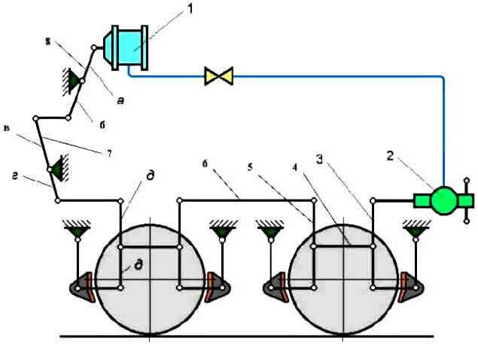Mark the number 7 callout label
109,154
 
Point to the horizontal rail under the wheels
248,335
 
